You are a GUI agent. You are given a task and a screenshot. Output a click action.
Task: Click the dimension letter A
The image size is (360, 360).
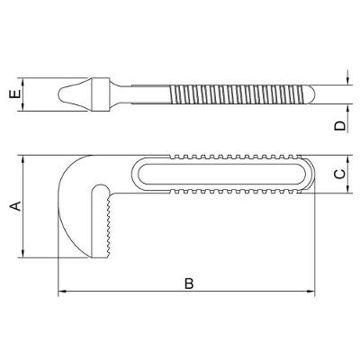click(x=13, y=206)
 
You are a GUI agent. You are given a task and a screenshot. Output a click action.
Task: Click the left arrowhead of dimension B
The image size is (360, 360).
click(x=61, y=293)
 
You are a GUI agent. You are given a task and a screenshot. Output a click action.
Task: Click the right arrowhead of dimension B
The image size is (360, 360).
click(x=311, y=293)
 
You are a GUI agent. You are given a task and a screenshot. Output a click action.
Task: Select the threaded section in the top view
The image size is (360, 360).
click(x=234, y=94)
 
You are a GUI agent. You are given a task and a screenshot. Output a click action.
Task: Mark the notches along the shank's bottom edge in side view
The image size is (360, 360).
click(x=234, y=193)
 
